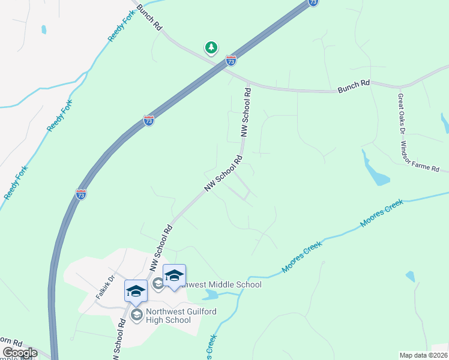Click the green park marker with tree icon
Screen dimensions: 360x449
pos(211,47)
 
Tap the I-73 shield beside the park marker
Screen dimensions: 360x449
pos(231,60)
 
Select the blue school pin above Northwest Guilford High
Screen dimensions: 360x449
pos(136,291)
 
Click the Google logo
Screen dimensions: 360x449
pos(20,353)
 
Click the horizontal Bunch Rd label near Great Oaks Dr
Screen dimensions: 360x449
pos(353,87)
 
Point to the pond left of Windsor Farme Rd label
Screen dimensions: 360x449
pos(376,172)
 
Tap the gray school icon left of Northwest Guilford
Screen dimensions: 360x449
pos(137,315)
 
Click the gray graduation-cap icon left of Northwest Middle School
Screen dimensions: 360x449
pos(158,283)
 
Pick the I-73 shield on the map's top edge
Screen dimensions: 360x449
pos(313,2)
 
